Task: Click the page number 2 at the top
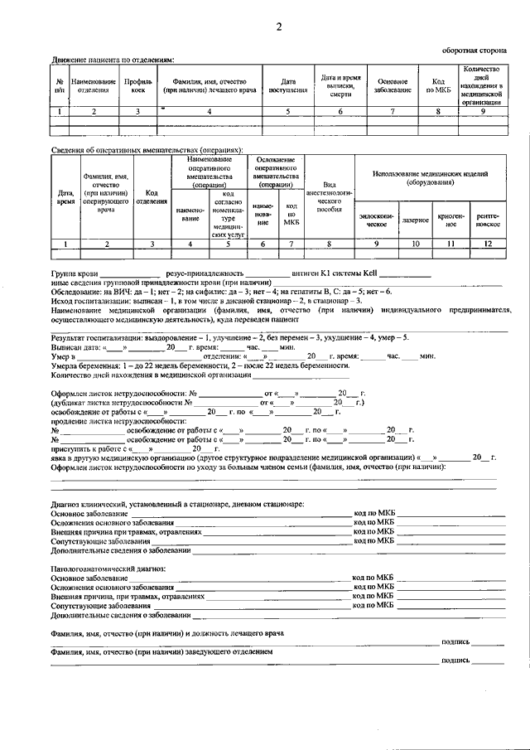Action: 279,27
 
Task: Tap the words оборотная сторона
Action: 475,50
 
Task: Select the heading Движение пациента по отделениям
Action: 113,60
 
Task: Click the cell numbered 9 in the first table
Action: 482,110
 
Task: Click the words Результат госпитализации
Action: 98,339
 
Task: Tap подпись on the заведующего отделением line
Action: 456,660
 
